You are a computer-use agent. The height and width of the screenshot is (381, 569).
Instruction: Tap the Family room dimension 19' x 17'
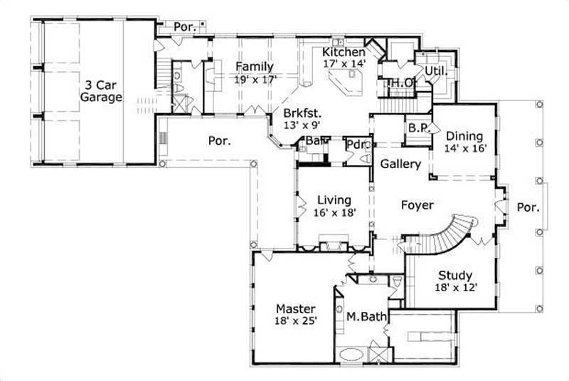(255, 80)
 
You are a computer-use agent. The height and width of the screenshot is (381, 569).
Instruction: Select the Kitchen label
(344, 52)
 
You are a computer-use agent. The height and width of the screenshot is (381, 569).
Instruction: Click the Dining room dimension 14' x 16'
(465, 149)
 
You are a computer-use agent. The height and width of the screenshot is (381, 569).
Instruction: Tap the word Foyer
(418, 205)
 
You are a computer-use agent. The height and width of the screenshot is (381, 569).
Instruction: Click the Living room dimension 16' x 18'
(334, 212)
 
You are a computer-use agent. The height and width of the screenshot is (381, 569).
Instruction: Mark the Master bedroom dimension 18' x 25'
(296, 321)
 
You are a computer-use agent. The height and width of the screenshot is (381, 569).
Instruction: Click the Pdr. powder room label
(356, 145)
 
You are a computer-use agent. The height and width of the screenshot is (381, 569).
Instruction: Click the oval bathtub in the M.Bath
(351, 354)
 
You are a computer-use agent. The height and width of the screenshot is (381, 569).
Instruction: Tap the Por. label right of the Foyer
(527, 209)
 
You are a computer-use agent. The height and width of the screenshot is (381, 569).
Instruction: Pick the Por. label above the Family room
(185, 26)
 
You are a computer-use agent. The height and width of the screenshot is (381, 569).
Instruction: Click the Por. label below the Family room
(219, 140)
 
